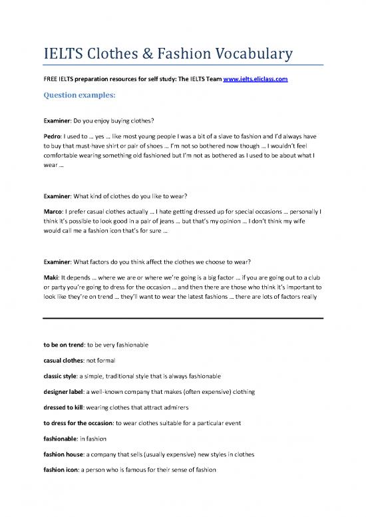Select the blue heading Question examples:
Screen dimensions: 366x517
pos(79,95)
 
